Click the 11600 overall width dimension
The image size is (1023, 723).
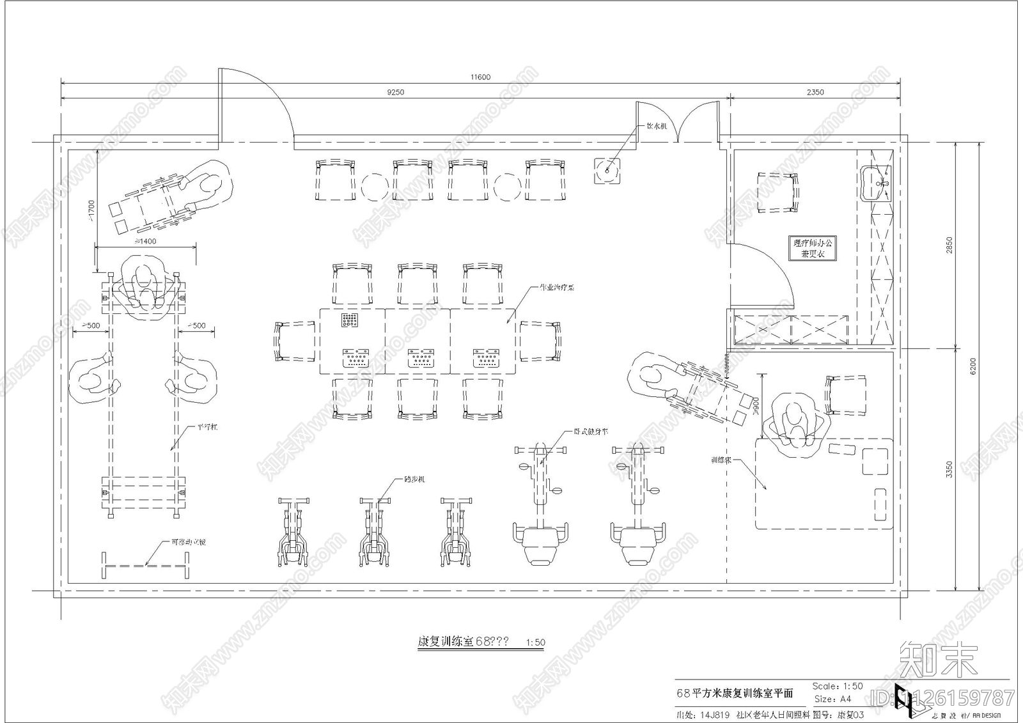480,77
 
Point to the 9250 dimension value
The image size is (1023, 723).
396,92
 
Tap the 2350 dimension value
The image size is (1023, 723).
815,92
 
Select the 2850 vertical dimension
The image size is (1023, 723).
949,245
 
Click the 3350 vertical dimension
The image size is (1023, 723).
949,469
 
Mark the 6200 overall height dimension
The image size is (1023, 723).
972,366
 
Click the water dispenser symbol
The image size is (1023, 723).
607,170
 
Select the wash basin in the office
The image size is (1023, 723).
875,183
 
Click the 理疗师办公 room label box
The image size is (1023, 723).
813,248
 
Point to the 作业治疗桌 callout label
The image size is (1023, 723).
556,288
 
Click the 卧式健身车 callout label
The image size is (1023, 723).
591,431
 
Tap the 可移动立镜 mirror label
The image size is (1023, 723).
188,542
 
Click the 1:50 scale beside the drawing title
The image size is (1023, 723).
535,642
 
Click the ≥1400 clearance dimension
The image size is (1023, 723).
145,242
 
